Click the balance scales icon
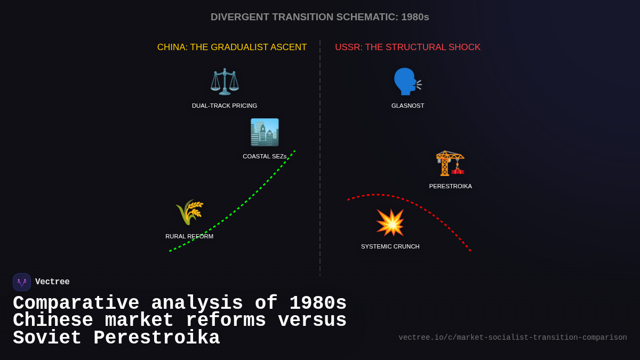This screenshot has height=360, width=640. coord(225,82)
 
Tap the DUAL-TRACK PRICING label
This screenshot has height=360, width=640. coord(225,106)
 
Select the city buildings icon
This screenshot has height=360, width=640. coord(265,132)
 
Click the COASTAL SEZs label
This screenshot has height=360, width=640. coord(265,156)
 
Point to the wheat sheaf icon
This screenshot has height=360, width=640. coord(189,212)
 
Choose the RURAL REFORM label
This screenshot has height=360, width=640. coord(189,236)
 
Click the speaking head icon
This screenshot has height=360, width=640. coord(407,82)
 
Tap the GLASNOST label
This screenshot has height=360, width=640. coord(407,106)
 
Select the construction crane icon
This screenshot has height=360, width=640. coord(450,163)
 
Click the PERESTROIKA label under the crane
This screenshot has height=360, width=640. coord(450,186)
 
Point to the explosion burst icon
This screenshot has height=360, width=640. coord(390,222)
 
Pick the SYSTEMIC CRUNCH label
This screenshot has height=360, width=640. coord(390,246)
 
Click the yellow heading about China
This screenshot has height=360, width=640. coord(232,47)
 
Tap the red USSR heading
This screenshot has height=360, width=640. coord(407,47)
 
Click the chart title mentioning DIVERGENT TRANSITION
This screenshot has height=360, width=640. coord(320,17)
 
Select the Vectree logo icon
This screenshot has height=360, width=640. coord(22,282)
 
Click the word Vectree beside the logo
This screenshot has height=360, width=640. coord(52,282)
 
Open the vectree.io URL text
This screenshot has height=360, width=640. coord(513,338)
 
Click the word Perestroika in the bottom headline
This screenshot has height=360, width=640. coord(157,338)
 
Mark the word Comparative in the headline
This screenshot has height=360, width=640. coord(76,303)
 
